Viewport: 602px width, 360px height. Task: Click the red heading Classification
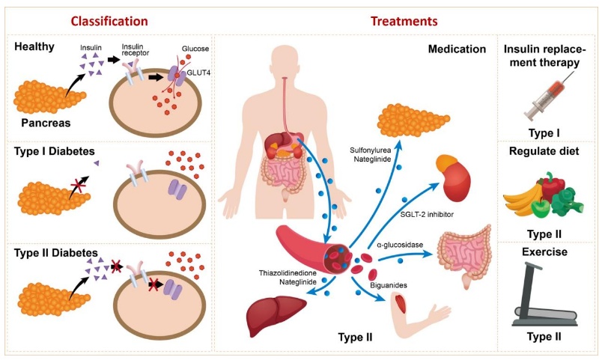click(109, 21)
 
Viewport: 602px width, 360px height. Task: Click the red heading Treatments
click(404, 21)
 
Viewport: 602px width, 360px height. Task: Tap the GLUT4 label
click(198, 73)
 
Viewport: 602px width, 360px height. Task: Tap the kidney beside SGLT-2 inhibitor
click(453, 177)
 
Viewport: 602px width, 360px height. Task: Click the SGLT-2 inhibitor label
click(427, 215)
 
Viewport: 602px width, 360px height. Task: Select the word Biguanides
click(389, 285)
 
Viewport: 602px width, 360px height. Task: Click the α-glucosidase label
click(400, 245)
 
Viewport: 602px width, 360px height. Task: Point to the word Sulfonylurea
click(370, 150)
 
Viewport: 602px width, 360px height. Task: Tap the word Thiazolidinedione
click(288, 273)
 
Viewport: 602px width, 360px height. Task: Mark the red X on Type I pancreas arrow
click(78, 186)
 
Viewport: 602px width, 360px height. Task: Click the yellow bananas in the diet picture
click(522, 196)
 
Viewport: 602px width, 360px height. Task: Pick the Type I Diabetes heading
click(54, 151)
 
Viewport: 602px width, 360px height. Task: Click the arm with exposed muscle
click(419, 314)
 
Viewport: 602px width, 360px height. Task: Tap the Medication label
click(457, 49)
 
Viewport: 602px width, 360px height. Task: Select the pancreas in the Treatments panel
click(413, 120)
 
